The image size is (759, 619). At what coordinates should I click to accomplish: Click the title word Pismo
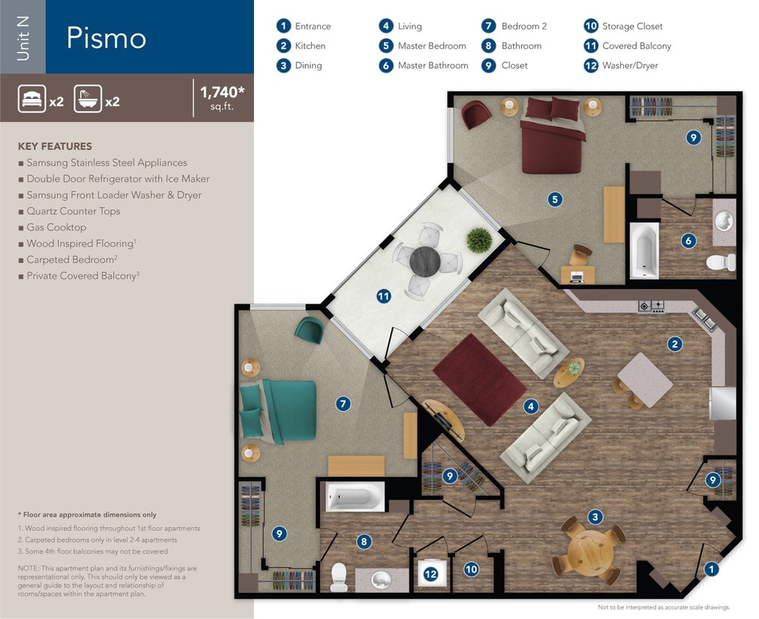[x=106, y=38]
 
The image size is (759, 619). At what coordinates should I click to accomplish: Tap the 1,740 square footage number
[x=221, y=92]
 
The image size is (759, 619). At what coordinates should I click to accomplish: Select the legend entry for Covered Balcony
[x=636, y=45]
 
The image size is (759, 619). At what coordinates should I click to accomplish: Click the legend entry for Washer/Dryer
[x=630, y=65]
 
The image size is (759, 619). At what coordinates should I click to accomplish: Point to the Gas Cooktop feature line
[x=57, y=227]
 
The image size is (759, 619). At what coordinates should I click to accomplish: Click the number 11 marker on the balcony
[x=383, y=296]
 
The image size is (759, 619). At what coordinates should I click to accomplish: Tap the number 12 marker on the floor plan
[x=431, y=574]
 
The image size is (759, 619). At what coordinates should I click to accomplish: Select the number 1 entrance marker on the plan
[x=710, y=568]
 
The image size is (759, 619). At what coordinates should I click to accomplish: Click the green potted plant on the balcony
[x=478, y=238]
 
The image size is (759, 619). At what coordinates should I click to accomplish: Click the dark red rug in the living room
[x=480, y=378]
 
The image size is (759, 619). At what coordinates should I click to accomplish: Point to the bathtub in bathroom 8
[x=355, y=498]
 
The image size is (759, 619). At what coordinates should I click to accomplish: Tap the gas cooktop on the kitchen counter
[x=651, y=307]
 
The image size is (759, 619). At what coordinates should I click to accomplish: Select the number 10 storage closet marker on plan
[x=471, y=568]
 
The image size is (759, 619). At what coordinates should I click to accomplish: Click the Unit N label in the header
[x=23, y=37]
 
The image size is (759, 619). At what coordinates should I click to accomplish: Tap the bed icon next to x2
[x=32, y=99]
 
